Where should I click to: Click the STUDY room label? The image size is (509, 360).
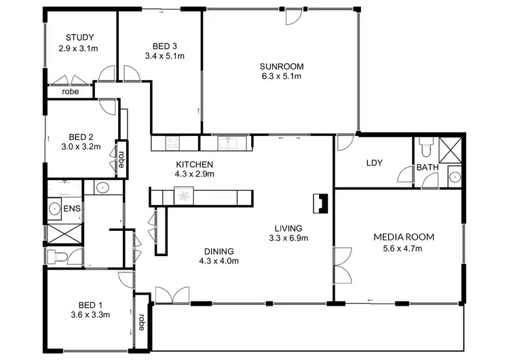point(79,37)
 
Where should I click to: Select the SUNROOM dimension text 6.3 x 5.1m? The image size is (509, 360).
point(280,77)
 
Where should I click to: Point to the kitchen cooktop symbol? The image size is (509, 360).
point(172,143)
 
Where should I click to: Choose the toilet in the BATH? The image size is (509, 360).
point(426,145)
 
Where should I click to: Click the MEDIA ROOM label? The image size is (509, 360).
point(403,237)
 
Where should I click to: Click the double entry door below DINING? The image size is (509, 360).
point(172,295)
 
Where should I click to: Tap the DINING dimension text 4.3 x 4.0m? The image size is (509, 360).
point(219,260)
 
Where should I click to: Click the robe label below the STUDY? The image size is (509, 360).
point(70,92)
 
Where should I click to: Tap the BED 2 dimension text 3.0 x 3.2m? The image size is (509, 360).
point(81,146)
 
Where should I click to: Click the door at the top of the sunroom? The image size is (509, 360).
point(292,17)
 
